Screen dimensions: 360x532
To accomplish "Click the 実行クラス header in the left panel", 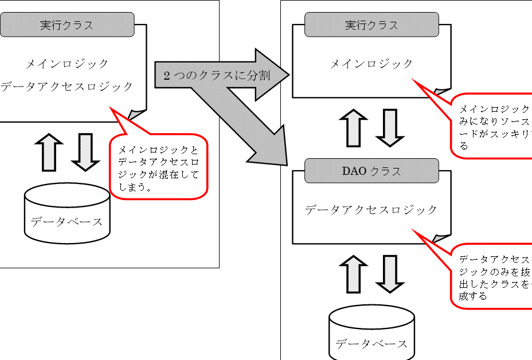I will coord(67,25).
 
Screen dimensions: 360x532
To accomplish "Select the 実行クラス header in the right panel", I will coord(371,25).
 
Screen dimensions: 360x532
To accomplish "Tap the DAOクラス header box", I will coord(371,171).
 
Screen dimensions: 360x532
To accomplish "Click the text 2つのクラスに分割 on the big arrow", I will coord(217,76).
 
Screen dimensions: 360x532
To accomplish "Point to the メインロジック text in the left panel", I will coord(68,64).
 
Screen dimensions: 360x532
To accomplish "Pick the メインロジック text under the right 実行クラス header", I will coord(371,64).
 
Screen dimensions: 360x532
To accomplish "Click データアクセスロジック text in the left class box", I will coord(67,87).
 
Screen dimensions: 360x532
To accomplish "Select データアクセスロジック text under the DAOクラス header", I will coord(371,210).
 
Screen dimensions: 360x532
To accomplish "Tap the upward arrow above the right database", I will coord(353,274).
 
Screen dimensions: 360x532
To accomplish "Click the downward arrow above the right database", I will coord(390,274).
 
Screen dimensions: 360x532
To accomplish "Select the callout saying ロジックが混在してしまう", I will coord(158,167).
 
